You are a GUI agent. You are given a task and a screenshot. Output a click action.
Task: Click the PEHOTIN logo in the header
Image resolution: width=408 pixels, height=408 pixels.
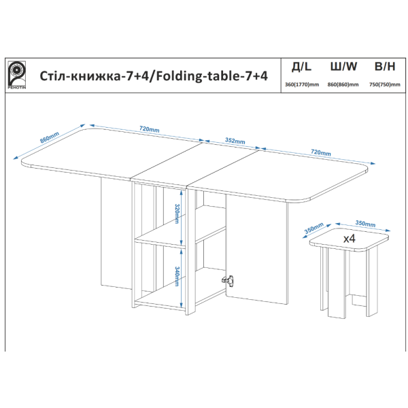coord(16,75)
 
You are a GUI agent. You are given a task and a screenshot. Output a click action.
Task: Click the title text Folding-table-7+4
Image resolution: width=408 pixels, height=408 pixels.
coord(211,76)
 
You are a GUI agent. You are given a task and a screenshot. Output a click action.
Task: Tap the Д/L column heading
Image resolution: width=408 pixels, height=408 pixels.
coord(301,67)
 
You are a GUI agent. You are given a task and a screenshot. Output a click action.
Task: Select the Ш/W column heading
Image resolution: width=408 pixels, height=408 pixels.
coord(343,67)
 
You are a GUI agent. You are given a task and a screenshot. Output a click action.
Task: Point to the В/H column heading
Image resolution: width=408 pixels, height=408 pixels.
coord(385,67)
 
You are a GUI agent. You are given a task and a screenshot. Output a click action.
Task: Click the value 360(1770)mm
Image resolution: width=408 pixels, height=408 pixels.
coord(302,84)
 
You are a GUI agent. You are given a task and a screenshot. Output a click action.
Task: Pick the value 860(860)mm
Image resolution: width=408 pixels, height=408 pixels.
coord(343,84)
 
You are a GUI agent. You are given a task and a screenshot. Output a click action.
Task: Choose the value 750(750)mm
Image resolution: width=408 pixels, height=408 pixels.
coord(385,84)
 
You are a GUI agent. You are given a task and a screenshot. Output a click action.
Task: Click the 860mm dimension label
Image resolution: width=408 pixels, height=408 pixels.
coord(50,137)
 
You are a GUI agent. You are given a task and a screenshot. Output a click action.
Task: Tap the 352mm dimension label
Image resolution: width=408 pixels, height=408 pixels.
coord(235,141)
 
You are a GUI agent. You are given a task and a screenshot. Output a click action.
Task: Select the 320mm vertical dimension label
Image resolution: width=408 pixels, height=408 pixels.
coord(177,214)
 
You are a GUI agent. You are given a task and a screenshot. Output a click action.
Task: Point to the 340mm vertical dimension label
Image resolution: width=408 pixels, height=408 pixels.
coord(177,276)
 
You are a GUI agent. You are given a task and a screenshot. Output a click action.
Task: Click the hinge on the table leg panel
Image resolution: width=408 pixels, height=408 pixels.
coord(228,280)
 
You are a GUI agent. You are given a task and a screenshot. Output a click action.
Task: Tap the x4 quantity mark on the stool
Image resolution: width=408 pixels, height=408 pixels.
coord(350,239)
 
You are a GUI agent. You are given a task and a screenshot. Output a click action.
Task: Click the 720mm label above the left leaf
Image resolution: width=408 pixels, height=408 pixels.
coord(150,129)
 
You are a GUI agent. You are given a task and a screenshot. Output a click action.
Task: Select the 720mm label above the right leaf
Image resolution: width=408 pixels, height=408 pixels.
coord(321,152)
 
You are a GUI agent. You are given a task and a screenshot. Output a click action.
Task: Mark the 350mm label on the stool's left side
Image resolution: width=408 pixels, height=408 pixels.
coord(313,228)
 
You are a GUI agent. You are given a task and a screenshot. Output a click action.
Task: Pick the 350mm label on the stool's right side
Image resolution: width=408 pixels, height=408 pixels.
coord(365,224)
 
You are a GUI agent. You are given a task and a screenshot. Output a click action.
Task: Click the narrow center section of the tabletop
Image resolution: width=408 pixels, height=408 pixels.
coord(194,164)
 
